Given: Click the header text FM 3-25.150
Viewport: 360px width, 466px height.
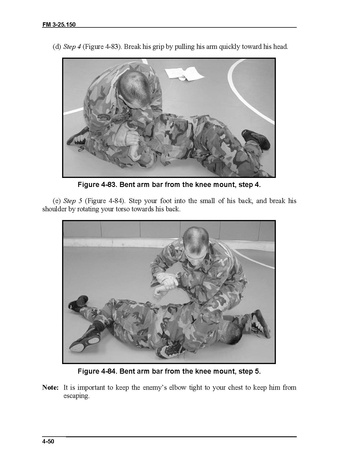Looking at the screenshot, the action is click(x=59, y=24).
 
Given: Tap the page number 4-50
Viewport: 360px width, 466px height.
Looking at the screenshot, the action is click(x=48, y=442).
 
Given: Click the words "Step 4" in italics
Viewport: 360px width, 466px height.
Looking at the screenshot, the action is click(x=72, y=47).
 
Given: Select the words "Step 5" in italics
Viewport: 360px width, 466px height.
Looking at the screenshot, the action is click(x=72, y=201).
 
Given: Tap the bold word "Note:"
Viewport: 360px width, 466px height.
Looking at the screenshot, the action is click(x=50, y=387).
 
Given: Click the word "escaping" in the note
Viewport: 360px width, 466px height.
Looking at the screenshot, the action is click(x=76, y=396).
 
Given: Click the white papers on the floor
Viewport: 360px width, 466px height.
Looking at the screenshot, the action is click(x=184, y=73).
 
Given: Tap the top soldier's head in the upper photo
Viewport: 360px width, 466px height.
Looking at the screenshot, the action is click(x=134, y=89).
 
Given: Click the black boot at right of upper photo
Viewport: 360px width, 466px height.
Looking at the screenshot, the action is click(x=256, y=139).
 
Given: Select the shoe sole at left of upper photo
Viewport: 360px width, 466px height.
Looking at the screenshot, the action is click(x=77, y=137).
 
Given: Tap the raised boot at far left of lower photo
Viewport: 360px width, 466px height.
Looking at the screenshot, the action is click(x=78, y=303).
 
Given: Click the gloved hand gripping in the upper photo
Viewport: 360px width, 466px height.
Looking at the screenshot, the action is click(x=129, y=140).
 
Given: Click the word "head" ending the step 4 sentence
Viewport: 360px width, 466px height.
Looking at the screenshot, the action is click(x=280, y=47).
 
